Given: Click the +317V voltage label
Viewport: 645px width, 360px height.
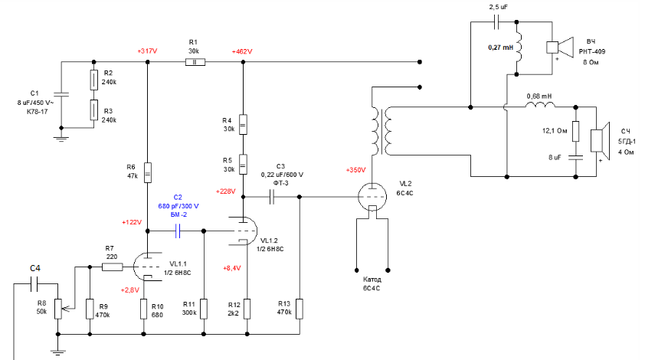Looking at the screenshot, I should pos(147,51).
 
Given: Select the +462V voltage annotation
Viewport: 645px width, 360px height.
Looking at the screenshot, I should pos(241,51).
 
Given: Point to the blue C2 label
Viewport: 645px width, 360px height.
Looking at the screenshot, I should pos(178,197).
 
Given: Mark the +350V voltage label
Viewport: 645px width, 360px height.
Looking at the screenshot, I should pos(356,169).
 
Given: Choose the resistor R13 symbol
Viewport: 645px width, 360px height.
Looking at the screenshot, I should pos(300,309).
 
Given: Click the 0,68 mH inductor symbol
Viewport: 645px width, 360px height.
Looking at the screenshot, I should pos(538,106).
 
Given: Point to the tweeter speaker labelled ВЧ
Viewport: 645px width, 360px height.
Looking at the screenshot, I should pos(562,46).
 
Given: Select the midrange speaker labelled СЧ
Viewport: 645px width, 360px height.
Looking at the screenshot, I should pos(601,140).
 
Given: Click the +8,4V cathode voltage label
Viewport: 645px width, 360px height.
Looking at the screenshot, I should pos(231,268).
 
